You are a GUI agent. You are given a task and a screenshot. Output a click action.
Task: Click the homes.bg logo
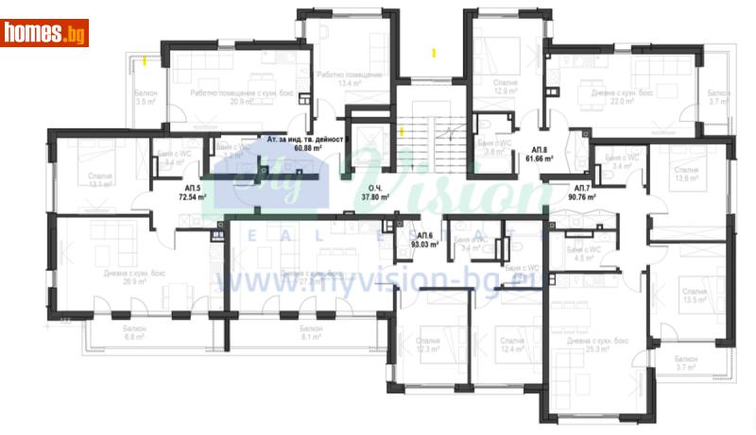pyautogui.click(x=44, y=33)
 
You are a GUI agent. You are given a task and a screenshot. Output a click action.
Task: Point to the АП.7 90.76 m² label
pyautogui.click(x=583, y=193)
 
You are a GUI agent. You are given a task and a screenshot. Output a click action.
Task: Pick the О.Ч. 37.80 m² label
pyautogui.click(x=378, y=193)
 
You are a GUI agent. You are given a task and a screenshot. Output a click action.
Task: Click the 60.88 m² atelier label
pyautogui.click(x=308, y=143)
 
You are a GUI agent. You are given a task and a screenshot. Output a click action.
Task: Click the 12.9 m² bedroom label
pyautogui.click(x=506, y=88)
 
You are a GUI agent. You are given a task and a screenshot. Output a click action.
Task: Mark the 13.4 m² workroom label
pyautogui.click(x=350, y=79)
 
